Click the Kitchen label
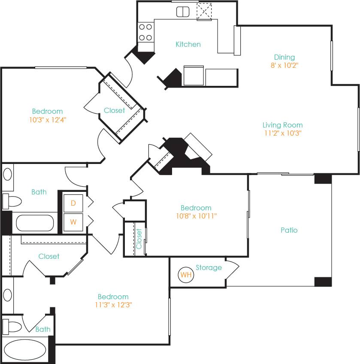click(188, 44)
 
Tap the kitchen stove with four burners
click(146, 32)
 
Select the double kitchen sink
click(183, 12)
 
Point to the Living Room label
click(282, 125)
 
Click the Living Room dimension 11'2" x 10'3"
click(282, 133)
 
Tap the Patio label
click(289, 230)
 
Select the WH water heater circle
click(186, 275)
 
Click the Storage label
click(209, 267)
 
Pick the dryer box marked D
click(73, 203)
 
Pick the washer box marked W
click(73, 222)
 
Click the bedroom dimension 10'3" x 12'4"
click(47, 120)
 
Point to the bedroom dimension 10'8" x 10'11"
click(196, 216)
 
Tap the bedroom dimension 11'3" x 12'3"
click(113, 305)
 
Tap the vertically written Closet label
click(139, 239)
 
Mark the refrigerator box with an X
click(204, 12)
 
